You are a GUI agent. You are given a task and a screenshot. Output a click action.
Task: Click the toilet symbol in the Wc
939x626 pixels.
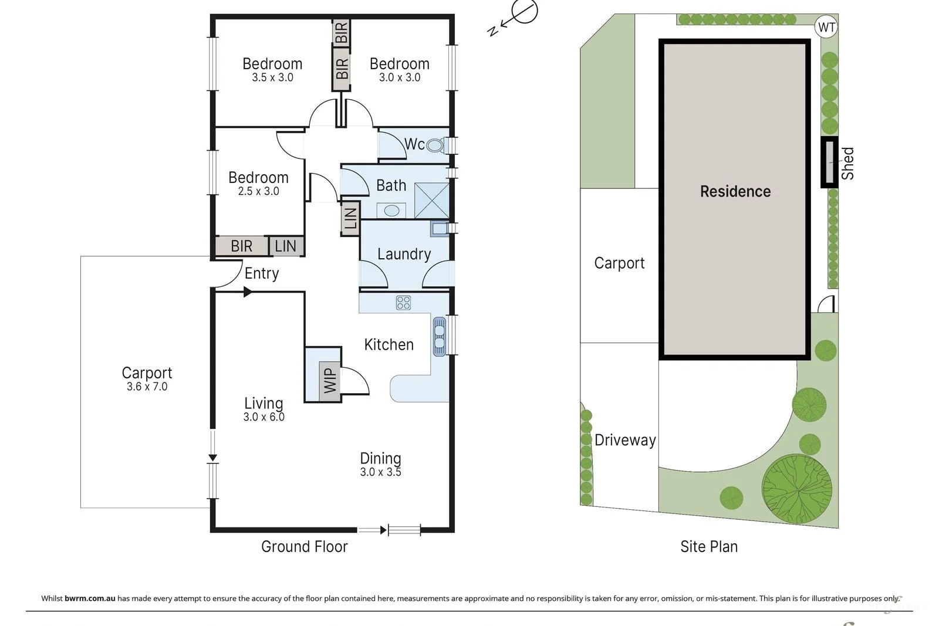point(435,145)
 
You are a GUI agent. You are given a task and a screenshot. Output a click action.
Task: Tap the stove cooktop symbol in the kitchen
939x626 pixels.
point(403,303)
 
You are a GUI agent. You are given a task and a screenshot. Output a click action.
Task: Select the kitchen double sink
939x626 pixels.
point(439,337)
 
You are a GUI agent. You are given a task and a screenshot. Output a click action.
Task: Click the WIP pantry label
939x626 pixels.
point(330,380)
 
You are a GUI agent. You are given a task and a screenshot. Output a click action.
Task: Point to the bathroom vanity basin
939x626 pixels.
point(391,210)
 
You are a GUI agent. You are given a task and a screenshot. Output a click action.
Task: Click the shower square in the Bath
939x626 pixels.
point(431,201)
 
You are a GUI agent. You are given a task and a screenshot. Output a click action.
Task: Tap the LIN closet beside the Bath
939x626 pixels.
point(350,218)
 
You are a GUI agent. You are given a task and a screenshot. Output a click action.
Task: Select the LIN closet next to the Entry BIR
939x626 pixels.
point(286,246)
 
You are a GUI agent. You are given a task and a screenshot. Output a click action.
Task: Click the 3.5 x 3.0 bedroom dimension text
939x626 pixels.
point(272,77)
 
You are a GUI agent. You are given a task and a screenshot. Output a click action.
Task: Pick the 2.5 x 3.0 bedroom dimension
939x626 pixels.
point(258,191)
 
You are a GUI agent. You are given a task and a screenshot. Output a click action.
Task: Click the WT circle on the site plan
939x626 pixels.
point(826,27)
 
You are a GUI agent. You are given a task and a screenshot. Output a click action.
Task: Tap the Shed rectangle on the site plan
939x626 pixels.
point(829,162)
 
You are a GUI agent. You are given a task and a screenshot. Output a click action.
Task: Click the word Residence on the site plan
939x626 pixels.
point(735,191)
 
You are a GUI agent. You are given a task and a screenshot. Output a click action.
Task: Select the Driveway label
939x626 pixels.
point(624,440)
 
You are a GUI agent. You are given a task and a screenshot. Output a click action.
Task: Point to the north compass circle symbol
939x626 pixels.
point(524,11)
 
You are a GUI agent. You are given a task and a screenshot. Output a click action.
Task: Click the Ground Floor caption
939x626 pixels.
point(304,547)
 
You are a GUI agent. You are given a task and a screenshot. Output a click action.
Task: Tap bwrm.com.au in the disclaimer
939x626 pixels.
point(90,598)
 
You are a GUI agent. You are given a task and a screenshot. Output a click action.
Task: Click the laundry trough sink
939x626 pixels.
point(438,229)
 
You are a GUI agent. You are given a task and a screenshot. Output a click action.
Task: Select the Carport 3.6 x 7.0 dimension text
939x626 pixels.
point(147,387)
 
